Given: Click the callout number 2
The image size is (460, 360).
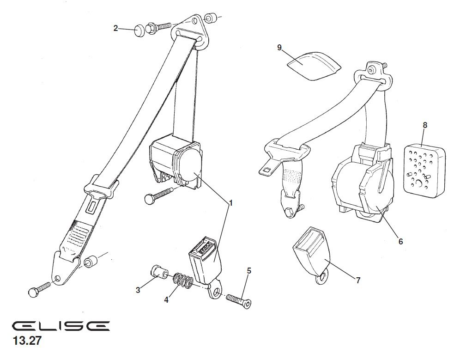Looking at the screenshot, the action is coord(115,28).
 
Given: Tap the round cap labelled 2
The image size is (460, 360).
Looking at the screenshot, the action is coord(139,31).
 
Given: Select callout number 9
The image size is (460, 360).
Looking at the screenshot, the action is coord(279,47).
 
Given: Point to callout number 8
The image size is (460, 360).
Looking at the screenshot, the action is coord(425,125).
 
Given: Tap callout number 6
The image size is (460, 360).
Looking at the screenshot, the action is coord(401,241).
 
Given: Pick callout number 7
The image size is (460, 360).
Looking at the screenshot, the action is coord(358,281).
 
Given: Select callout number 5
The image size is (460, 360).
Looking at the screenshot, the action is coord(249,271).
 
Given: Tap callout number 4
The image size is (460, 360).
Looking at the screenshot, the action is coord(166,300).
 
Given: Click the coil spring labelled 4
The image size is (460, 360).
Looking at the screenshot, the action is coord(183,280).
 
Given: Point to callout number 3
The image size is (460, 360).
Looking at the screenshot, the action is coord(138,290).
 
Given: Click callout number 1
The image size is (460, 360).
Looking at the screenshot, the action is coord(231,203).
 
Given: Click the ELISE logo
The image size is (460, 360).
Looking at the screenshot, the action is coord(61,326).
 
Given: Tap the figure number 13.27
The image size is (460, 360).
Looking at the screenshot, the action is coord(27,341).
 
